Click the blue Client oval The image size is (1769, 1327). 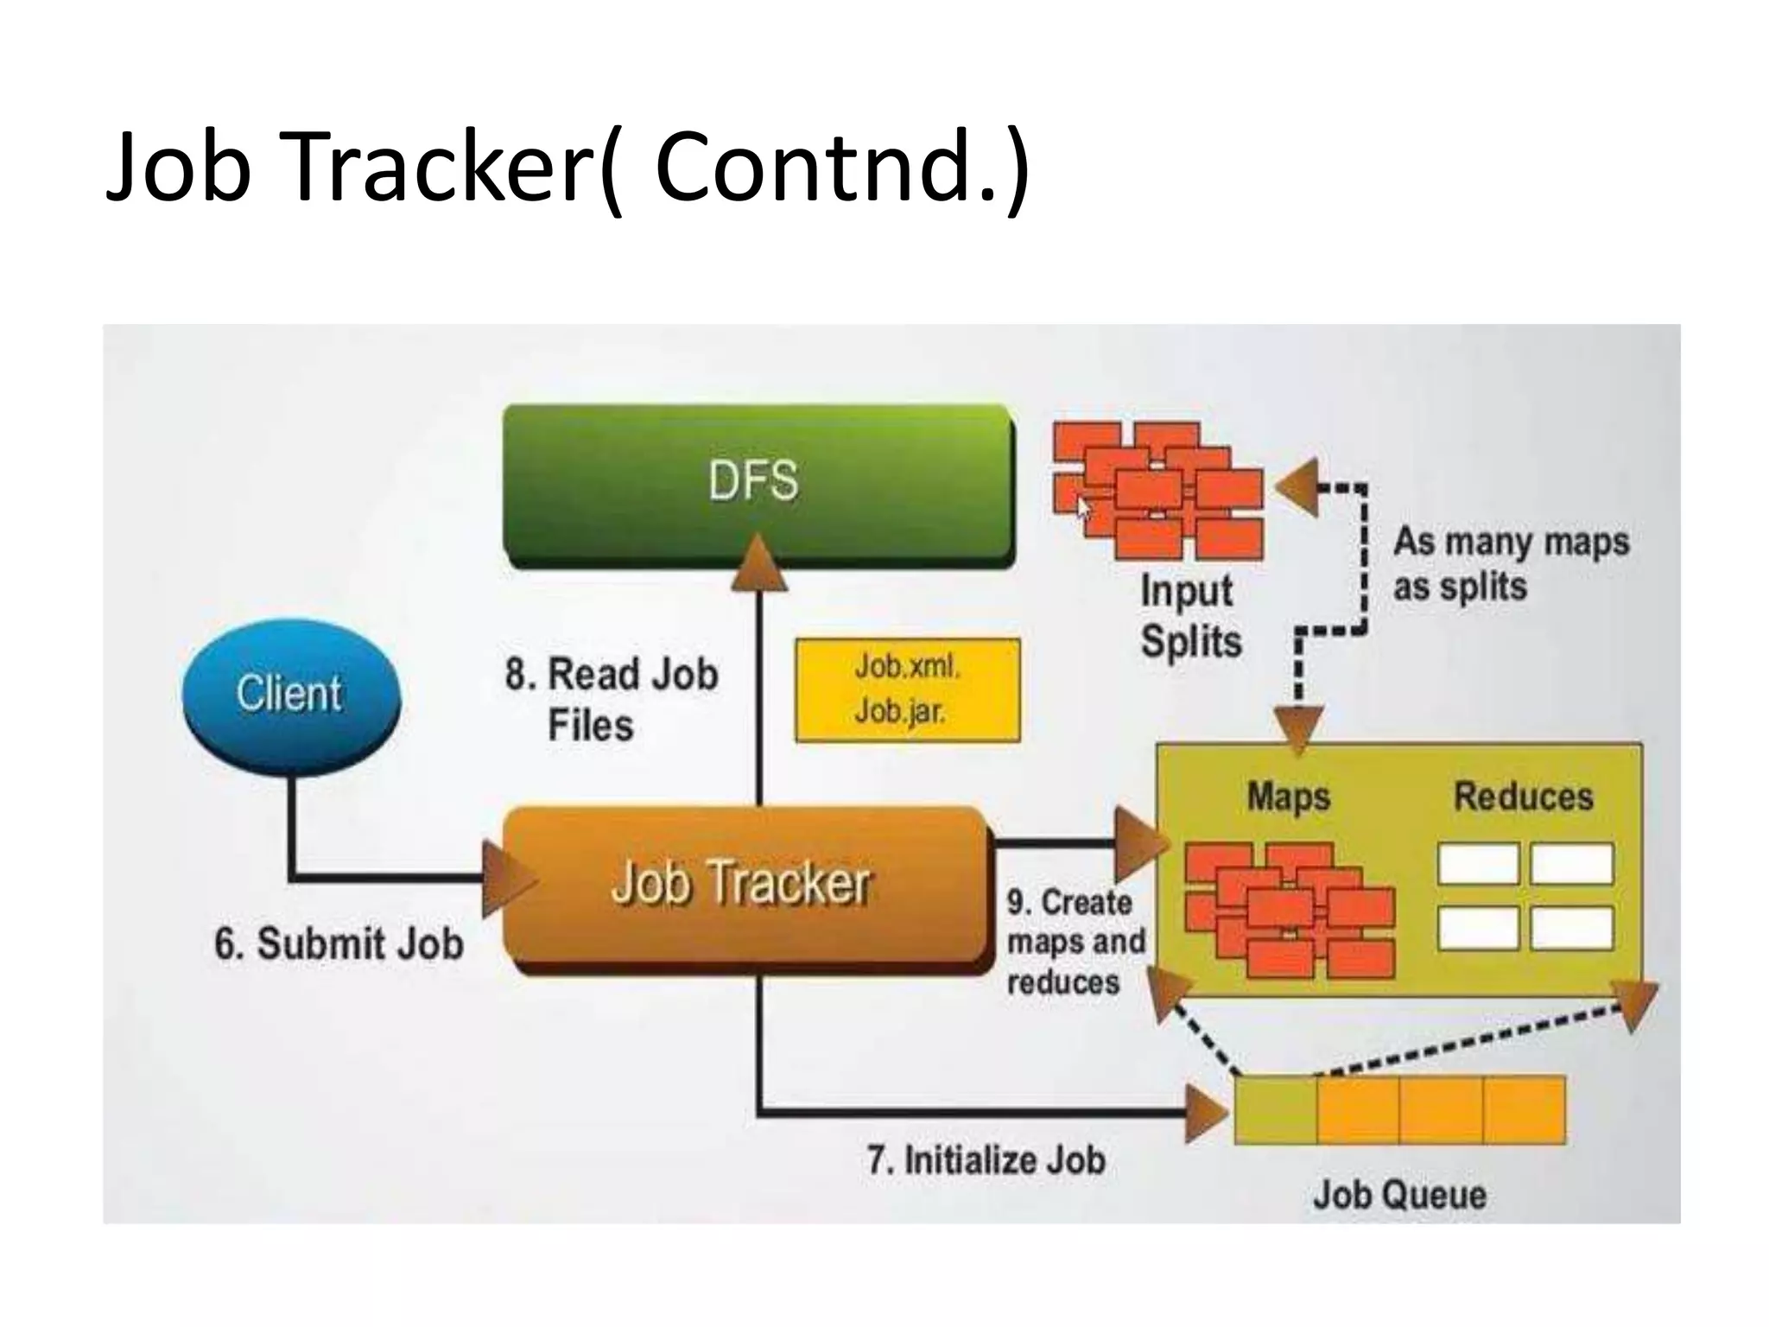pyautogui.click(x=291, y=695)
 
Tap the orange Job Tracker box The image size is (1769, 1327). pyautogui.click(x=743, y=886)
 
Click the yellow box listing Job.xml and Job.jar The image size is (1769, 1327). pyautogui.click(x=907, y=690)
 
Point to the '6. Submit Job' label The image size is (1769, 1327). pyautogui.click(x=339, y=943)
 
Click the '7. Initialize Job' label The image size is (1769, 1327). pyautogui.click(x=986, y=1160)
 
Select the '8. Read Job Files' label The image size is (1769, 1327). pyautogui.click(x=611, y=698)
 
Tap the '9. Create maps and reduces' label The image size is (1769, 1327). pyautogui.click(x=1075, y=943)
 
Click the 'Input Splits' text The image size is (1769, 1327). pyautogui.click(x=1190, y=616)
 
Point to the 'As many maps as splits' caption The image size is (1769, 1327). pyautogui.click(x=1510, y=564)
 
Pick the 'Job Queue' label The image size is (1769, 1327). pyautogui.click(x=1399, y=1196)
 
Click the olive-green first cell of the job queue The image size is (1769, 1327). pyautogui.click(x=1275, y=1109)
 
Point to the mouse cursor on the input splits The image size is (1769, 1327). pyautogui.click(x=1083, y=507)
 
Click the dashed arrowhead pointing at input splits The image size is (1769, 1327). pyautogui.click(x=1298, y=488)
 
